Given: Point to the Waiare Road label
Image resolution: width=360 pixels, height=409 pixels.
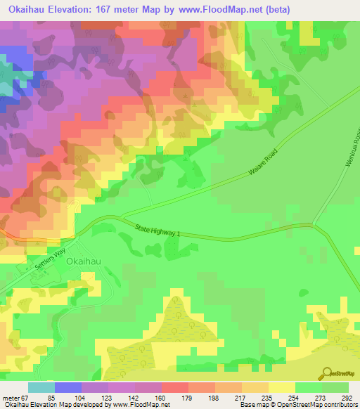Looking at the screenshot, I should pyautogui.click(x=262, y=164).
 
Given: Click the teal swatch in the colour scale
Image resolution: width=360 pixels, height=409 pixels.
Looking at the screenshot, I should pyautogui.click(x=41, y=387).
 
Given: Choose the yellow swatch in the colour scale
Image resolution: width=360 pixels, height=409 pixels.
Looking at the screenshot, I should pyautogui.click(x=282, y=387).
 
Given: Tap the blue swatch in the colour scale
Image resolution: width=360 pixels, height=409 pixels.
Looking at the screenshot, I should pyautogui.click(x=68, y=387).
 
